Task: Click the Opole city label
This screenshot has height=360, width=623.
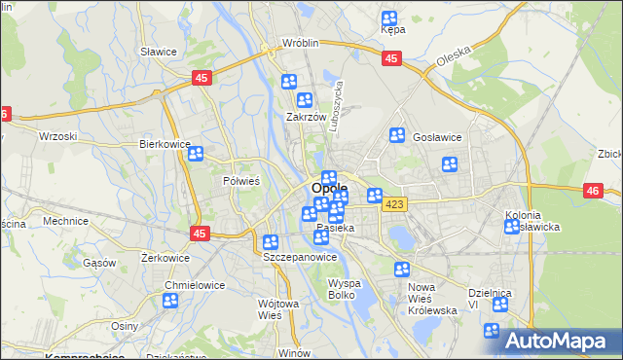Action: point(329,189)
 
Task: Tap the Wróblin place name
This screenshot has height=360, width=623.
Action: point(302,44)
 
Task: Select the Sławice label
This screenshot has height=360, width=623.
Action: point(157,52)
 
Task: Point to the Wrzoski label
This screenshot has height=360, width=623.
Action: point(57,136)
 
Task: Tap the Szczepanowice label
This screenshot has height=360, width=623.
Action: point(300,258)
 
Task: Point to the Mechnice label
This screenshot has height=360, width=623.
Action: point(66,221)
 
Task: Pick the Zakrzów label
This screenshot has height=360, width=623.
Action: point(305,117)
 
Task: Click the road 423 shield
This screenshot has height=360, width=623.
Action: point(394,203)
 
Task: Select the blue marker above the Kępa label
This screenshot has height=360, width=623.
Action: point(389,18)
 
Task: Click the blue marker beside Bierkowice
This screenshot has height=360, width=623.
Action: point(196,154)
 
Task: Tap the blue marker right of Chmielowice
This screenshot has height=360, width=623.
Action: point(170,301)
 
